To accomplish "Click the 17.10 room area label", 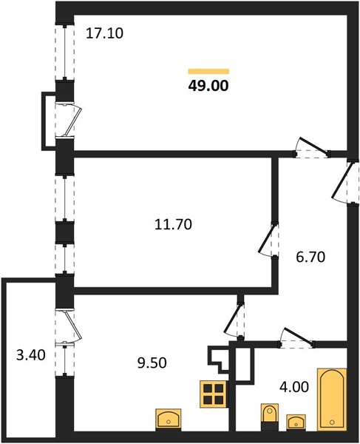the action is (x=105, y=33).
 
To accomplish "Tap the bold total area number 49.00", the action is (x=208, y=86).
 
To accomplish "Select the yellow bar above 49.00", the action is (x=208, y=71).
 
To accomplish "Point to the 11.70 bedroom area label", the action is (x=174, y=224).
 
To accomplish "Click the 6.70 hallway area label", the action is (x=310, y=257).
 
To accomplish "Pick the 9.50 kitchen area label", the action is (x=152, y=363).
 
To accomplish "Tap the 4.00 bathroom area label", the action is (x=294, y=387).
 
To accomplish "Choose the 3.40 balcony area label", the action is (x=31, y=354).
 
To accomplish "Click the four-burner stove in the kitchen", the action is (x=214, y=394).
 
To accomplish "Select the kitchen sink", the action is (x=169, y=420).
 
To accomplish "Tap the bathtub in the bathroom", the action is (x=332, y=400).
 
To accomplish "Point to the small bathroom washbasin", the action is (x=296, y=423).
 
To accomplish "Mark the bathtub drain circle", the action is (x=332, y=423).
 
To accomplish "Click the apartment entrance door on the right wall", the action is (x=342, y=180).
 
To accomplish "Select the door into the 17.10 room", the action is (x=313, y=146).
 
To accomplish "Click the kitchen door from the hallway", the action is (x=233, y=319).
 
